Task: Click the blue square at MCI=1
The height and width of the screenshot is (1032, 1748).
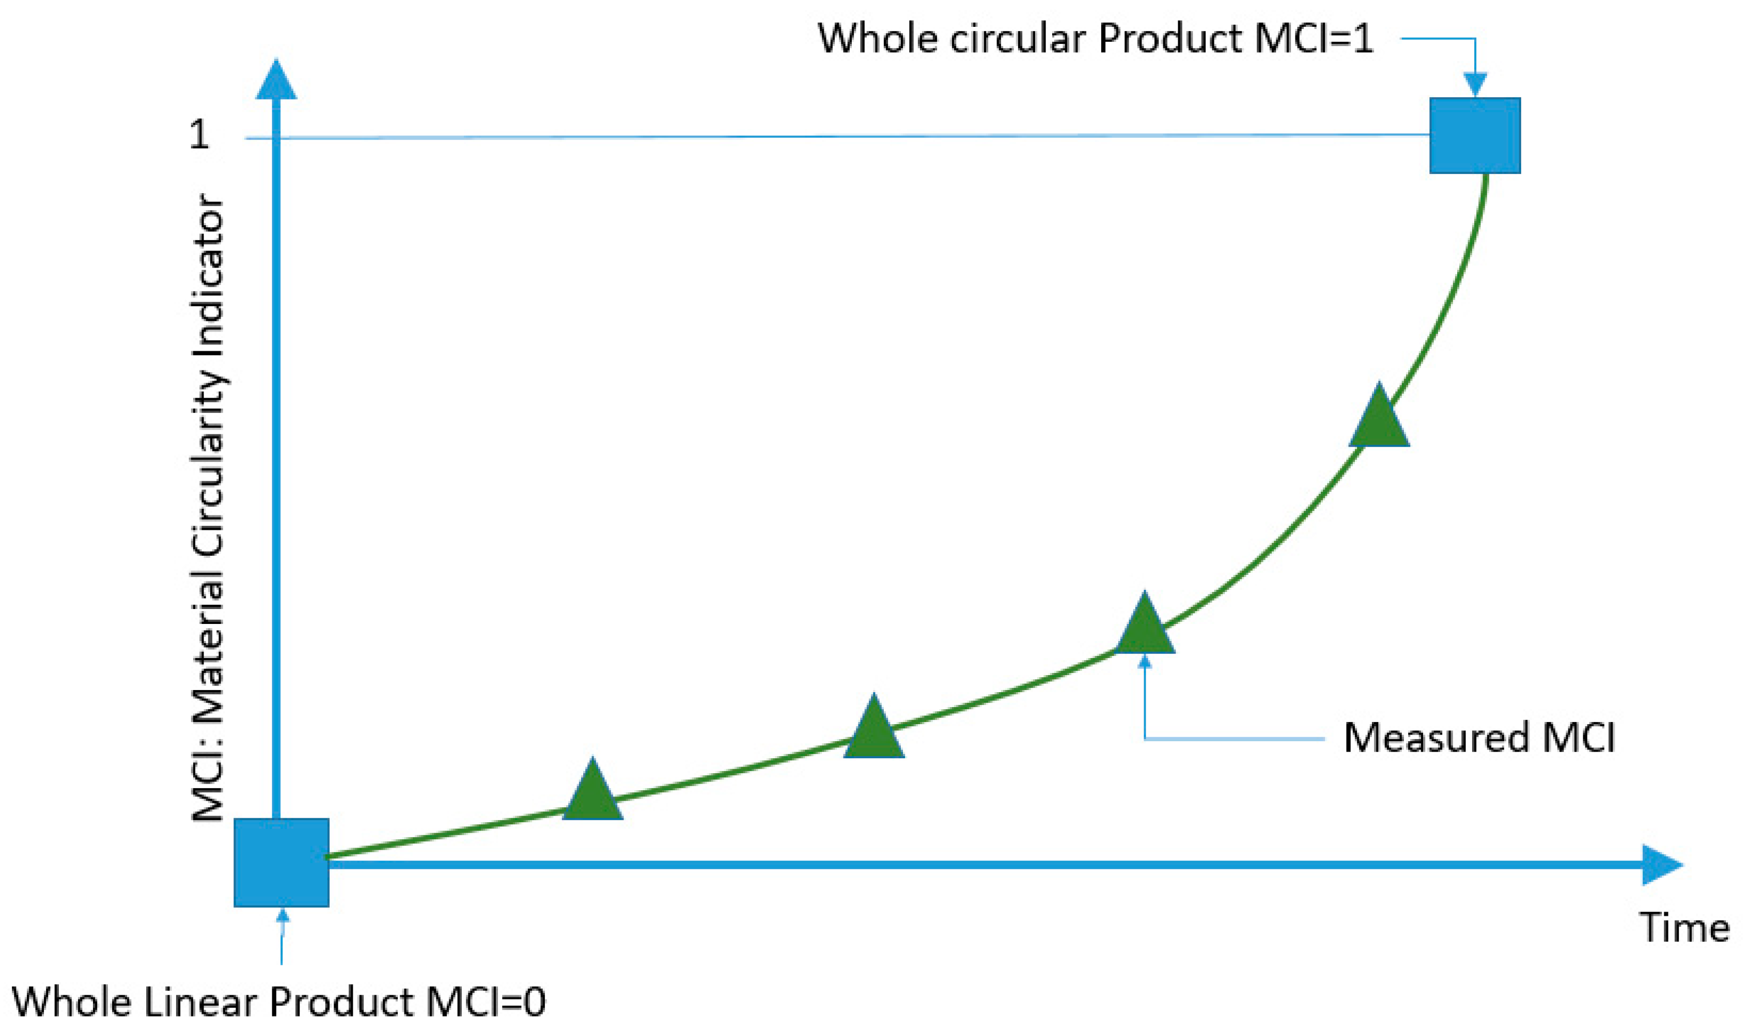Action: pos(1474,136)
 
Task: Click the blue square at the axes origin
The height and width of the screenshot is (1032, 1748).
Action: pos(281,862)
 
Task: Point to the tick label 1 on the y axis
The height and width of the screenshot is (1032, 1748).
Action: pos(199,134)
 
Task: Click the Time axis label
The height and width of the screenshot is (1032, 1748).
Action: pos(1684,928)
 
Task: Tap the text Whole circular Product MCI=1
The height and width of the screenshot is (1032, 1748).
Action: pos(1095,38)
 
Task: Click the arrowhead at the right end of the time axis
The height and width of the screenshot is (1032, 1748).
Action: pos(1662,865)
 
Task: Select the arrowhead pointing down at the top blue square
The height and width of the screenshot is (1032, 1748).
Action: pos(1474,84)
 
